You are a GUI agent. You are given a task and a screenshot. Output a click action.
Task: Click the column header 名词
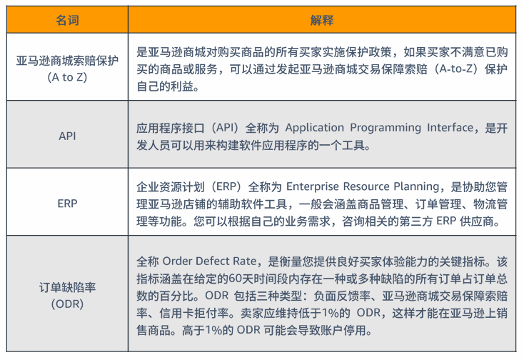[x=67, y=20]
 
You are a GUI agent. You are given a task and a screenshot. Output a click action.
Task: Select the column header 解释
[x=322, y=20]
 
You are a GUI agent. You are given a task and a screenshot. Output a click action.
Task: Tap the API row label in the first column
[x=67, y=136]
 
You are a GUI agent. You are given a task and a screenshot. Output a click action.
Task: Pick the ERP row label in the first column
[x=67, y=204]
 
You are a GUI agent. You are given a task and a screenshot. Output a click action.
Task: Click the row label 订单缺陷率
[x=67, y=287]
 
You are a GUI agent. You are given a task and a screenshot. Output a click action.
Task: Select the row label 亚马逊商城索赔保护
[x=67, y=61]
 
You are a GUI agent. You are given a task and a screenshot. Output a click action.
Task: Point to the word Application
[x=314, y=128]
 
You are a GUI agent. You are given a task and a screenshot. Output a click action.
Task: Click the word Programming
[x=386, y=128]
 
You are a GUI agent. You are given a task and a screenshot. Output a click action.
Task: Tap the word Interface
[x=450, y=127]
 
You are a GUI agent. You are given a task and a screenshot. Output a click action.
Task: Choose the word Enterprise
[x=313, y=186]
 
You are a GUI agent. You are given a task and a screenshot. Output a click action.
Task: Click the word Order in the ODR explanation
[x=176, y=261]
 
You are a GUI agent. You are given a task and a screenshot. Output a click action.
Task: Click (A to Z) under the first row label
[x=67, y=77]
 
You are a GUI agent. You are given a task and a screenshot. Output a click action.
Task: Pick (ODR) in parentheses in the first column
[x=67, y=304]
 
